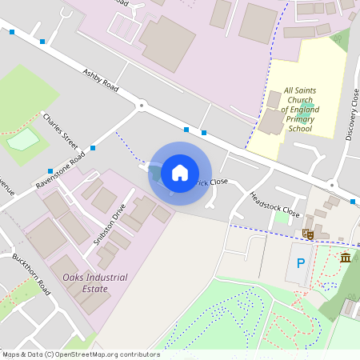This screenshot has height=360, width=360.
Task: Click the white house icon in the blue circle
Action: (x=180, y=173)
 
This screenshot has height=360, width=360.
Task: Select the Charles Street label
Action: (x=61, y=131)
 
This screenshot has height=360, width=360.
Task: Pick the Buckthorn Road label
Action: (x=31, y=274)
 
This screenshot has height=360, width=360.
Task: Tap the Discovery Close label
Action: (x=352, y=115)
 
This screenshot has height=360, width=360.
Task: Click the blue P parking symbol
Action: (x=301, y=263)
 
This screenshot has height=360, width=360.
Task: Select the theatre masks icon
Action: (x=306, y=234)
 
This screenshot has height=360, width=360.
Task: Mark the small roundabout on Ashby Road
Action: (x=142, y=105)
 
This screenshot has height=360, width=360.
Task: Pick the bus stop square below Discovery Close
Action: (x=353, y=202)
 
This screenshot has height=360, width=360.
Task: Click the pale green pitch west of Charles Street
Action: (x=22, y=139)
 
